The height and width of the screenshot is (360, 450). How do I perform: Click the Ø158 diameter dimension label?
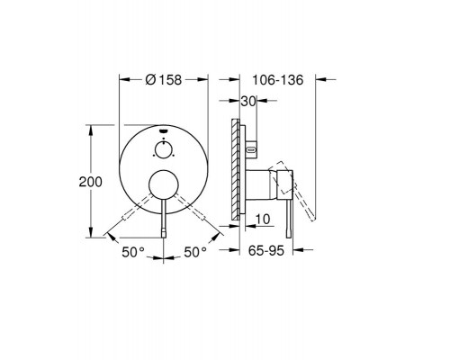[x=164, y=80]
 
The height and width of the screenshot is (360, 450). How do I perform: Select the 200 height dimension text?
[x=91, y=182]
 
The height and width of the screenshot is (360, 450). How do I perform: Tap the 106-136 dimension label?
[x=278, y=80]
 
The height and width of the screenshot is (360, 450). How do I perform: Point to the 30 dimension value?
[x=248, y=102]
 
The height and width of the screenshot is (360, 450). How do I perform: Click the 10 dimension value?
[x=263, y=219]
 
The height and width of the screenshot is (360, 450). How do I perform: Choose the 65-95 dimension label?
[x=266, y=250]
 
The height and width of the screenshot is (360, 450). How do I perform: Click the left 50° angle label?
[x=133, y=252]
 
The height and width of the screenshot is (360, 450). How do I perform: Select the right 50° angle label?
[x=195, y=252]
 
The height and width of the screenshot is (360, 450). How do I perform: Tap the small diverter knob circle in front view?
[x=164, y=149]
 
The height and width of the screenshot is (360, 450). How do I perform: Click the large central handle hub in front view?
[x=164, y=184]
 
